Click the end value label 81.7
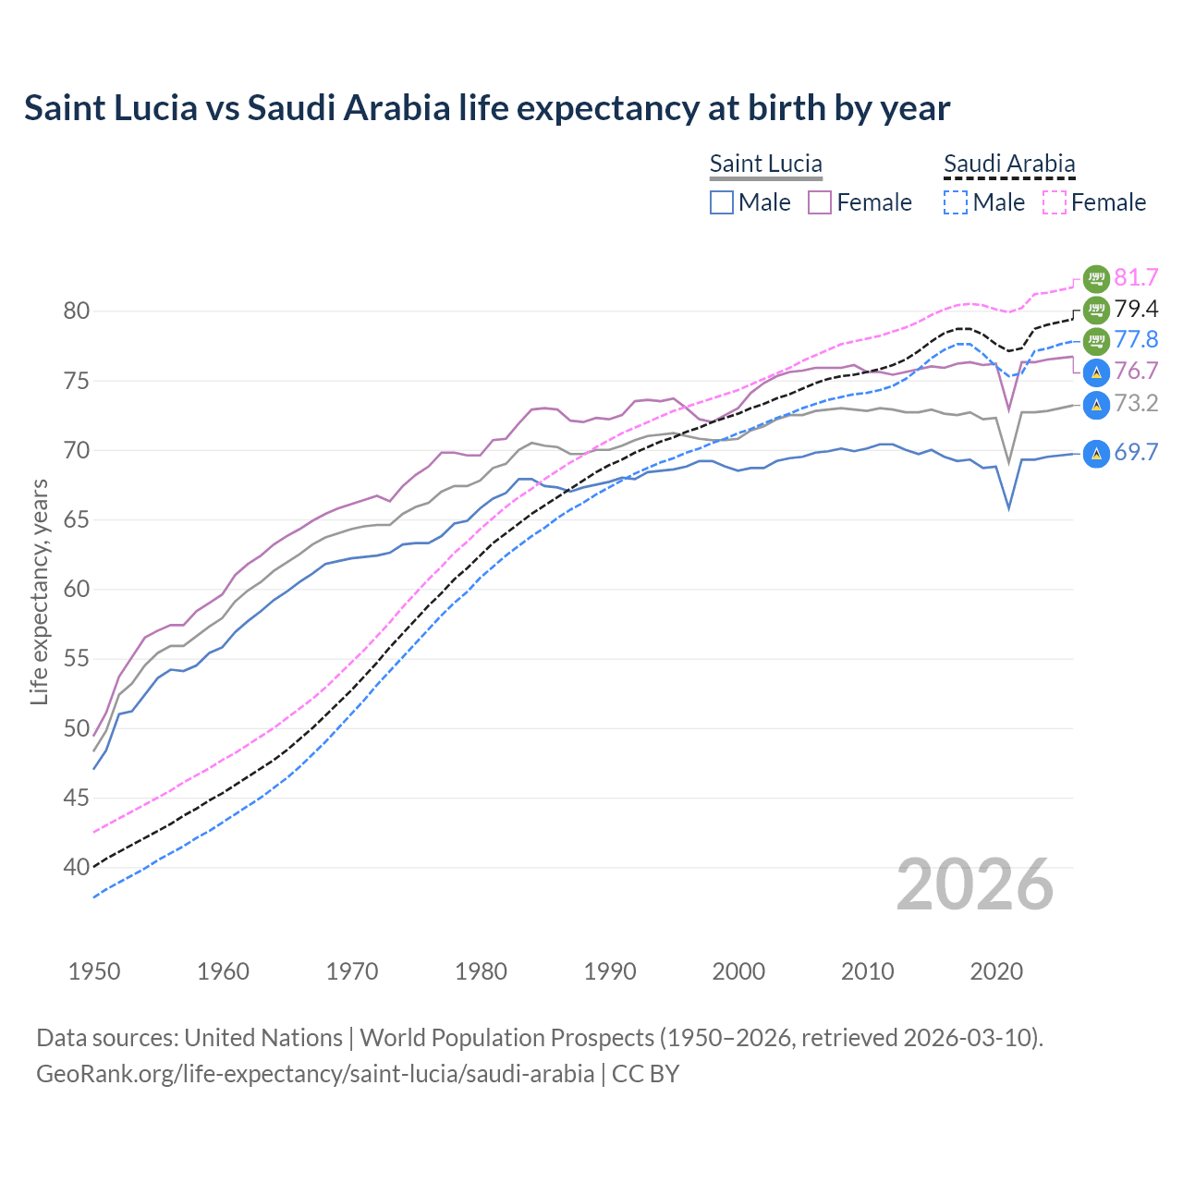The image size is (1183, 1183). (x=1136, y=277)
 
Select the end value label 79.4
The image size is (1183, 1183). (x=1136, y=309)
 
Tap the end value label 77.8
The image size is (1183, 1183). (x=1136, y=339)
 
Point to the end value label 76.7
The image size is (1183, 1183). (x=1136, y=372)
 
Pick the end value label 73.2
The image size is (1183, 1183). (x=1136, y=404)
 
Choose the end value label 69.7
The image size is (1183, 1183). (x=1136, y=453)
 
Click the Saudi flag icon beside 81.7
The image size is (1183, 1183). (x=1096, y=277)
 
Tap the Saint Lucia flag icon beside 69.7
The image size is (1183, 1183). (x=1096, y=453)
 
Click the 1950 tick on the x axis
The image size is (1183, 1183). (x=94, y=971)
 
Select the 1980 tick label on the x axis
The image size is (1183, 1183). (x=481, y=971)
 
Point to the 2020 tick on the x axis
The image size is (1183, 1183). (x=996, y=971)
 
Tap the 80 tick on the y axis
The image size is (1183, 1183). (x=77, y=311)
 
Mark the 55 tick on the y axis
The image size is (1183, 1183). (x=77, y=659)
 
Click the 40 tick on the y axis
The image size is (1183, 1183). (x=77, y=868)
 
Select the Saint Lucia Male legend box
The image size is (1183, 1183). (x=722, y=202)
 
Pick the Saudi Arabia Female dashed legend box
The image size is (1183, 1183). (x=1055, y=202)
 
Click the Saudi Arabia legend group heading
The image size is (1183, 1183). (x=1009, y=165)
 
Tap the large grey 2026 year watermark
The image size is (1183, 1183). (x=975, y=885)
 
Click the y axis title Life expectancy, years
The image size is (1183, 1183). (x=40, y=591)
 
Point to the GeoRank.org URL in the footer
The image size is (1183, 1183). (x=315, y=1074)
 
